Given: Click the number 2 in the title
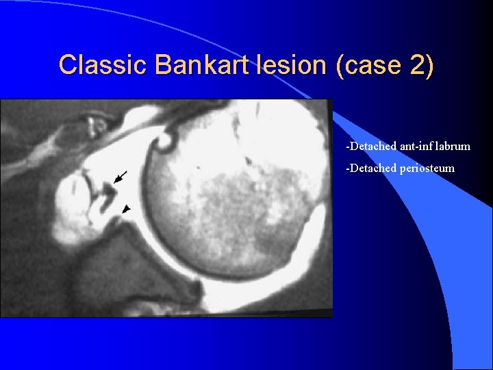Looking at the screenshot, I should [x=418, y=65].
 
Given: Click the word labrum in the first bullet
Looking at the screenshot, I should [x=453, y=147].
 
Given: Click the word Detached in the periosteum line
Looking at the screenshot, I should [x=370, y=168].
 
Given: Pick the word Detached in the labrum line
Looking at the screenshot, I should [x=370, y=147].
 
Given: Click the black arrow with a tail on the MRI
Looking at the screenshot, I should [x=120, y=177].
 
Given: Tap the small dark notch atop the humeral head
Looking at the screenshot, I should [x=165, y=144].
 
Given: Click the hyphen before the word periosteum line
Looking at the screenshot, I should [x=348, y=169].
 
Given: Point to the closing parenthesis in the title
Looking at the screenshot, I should [x=430, y=65].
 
